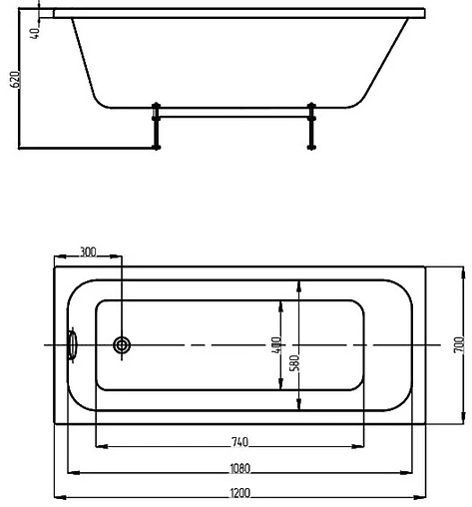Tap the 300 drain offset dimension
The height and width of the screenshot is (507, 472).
coord(87,253)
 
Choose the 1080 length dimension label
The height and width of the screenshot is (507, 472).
coord(238,467)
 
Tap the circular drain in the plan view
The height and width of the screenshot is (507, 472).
coord(122,345)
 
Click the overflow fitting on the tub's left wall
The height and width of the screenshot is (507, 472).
coord(72,345)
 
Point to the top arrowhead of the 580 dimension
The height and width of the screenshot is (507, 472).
coord(297,281)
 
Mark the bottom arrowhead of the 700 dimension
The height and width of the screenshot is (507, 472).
coord(463,420)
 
